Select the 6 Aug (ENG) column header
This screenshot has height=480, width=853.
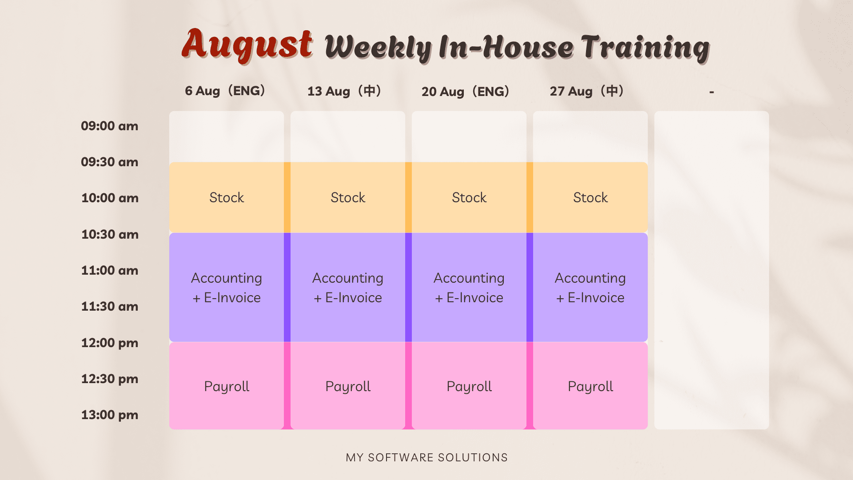(x=225, y=91)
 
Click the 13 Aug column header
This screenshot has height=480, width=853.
(x=345, y=92)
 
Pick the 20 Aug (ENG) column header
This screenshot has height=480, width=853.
(x=466, y=92)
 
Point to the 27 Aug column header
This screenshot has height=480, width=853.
(x=587, y=92)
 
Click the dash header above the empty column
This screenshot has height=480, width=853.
(x=712, y=92)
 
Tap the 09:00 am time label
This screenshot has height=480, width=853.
(x=110, y=126)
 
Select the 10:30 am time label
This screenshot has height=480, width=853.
(x=110, y=234)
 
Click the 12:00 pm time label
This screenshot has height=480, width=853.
(x=110, y=343)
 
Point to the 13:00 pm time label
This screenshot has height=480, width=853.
(x=110, y=415)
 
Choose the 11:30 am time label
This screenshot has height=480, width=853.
(x=110, y=307)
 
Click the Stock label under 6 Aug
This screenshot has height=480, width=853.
(x=227, y=198)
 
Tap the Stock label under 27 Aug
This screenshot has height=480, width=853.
(x=590, y=198)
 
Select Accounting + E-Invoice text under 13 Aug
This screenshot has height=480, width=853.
(x=348, y=288)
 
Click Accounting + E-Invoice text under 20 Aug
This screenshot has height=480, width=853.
(x=469, y=288)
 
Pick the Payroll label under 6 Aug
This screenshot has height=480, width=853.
(x=227, y=387)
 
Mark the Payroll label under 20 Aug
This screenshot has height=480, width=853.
(x=469, y=387)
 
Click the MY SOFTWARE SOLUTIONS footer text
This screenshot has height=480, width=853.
(x=427, y=458)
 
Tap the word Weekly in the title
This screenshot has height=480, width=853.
(x=379, y=48)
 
